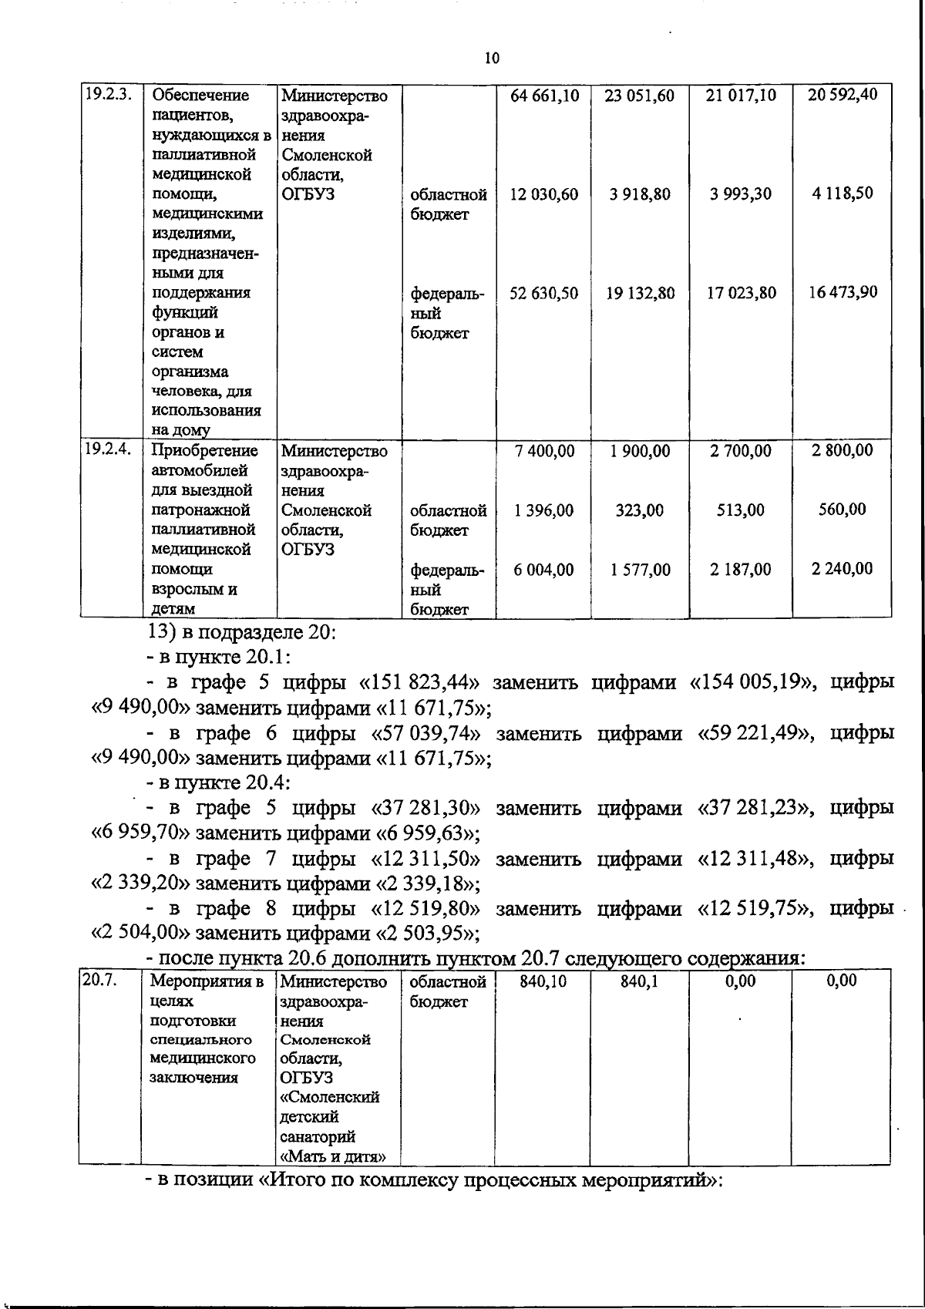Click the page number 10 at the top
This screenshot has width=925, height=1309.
coord(492,59)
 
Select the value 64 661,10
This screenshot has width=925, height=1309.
coord(545,96)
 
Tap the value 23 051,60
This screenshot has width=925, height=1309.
coord(640,96)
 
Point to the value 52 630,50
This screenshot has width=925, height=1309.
coord(544,293)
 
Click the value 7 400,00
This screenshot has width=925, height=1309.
coord(544,451)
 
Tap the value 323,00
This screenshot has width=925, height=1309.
coord(640,510)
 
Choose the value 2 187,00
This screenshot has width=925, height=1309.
coord(740,570)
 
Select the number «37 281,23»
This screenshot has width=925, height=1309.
coord(755,808)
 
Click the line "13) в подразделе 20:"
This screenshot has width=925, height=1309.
coord(240,632)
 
